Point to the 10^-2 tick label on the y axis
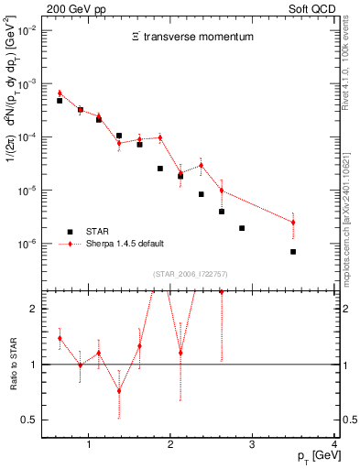pyautogui.click(x=27, y=30)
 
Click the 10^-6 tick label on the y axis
pyautogui.click(x=27, y=245)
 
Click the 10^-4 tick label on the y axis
pyautogui.click(x=27, y=137)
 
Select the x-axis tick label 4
pyautogui.click(x=334, y=445)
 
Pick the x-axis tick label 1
pyautogui.click(x=88, y=445)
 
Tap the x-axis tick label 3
pyautogui.click(x=253, y=445)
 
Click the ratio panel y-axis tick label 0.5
pyautogui.click(x=29, y=420)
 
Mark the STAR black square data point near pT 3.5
pyautogui.click(x=293, y=251)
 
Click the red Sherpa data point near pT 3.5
pyautogui.click(x=293, y=222)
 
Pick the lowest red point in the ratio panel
pyautogui.click(x=119, y=390)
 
